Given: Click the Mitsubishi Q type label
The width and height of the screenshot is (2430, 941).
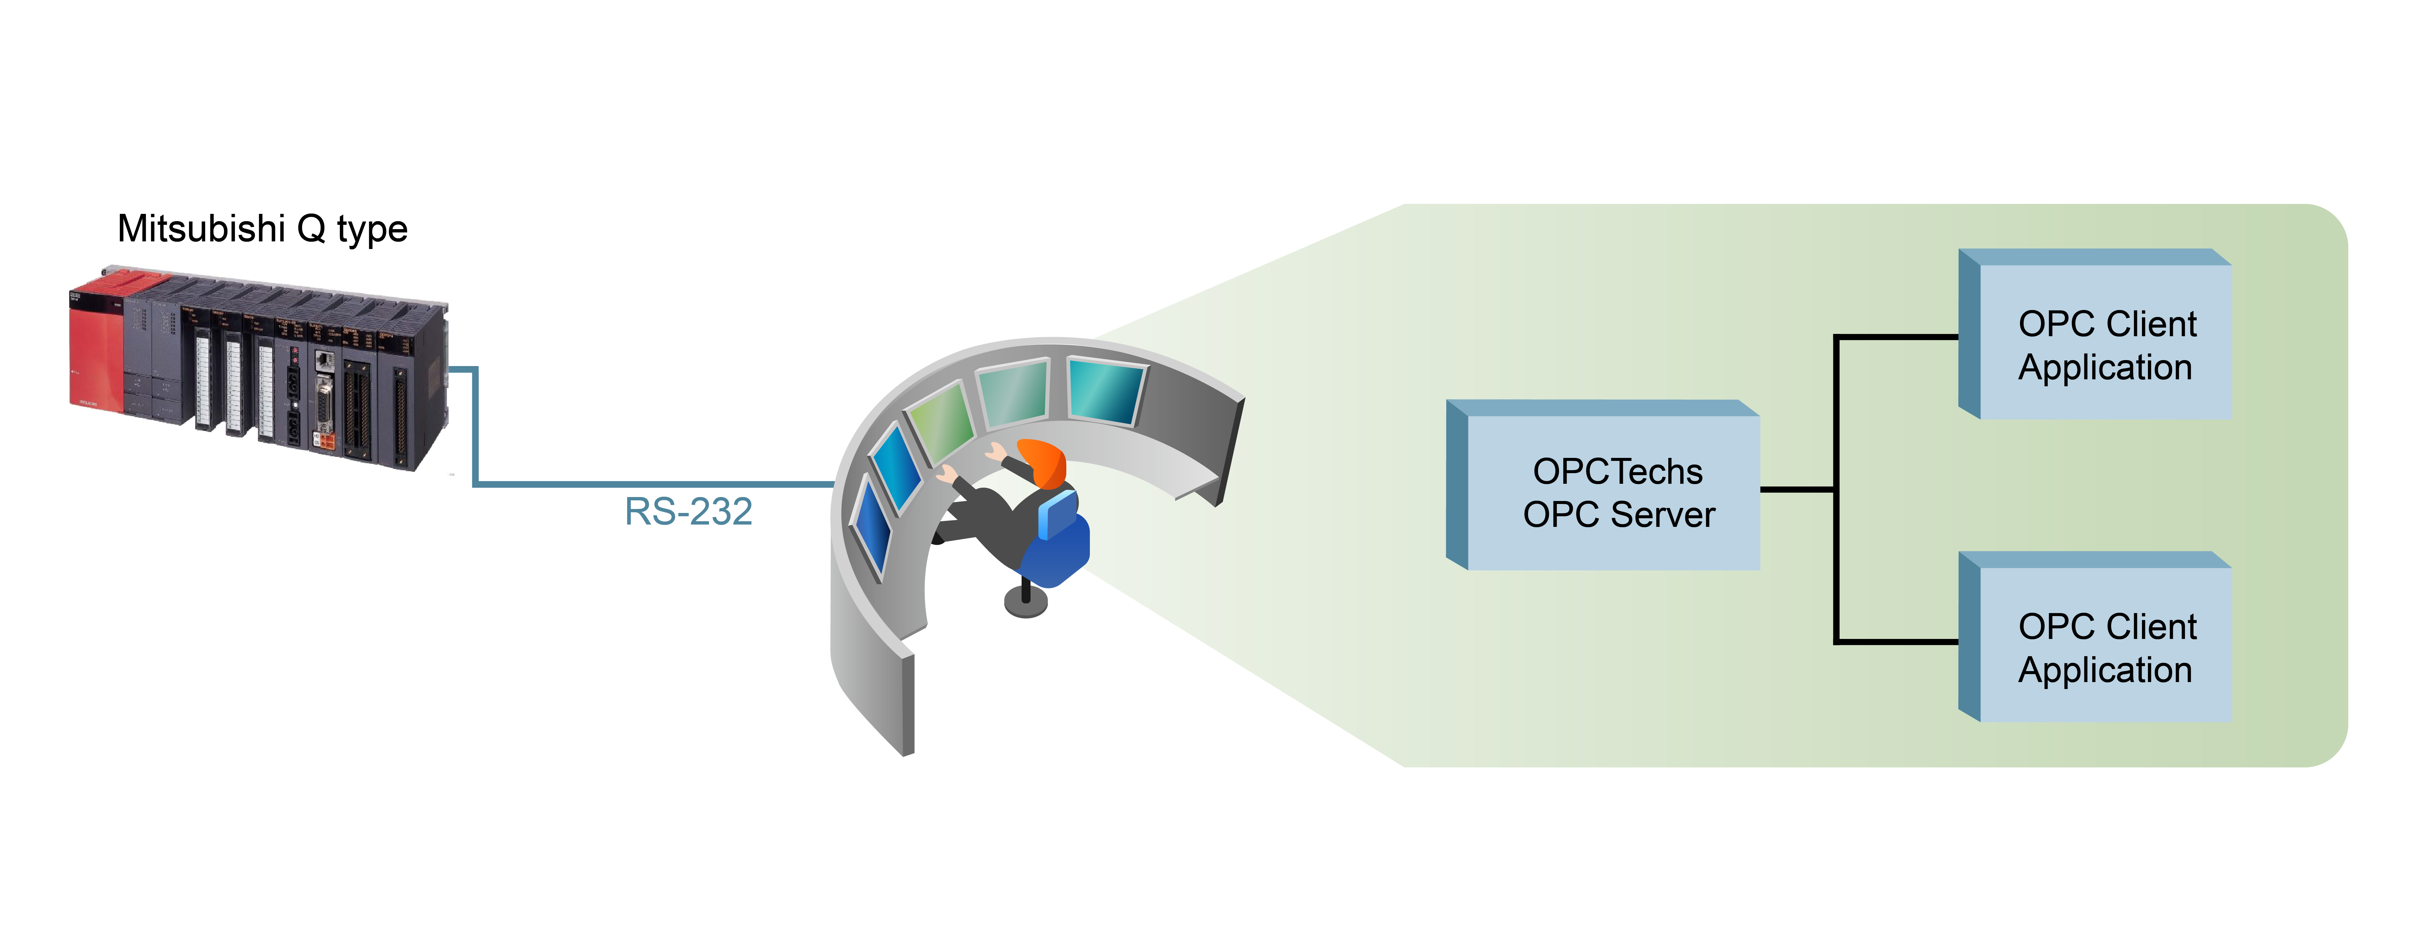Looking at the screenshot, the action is (262, 229).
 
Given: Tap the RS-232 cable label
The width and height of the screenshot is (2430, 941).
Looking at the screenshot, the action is (688, 512).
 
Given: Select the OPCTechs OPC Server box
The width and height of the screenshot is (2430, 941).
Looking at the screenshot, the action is (1604, 485).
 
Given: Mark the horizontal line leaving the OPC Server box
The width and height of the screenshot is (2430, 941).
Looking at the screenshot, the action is (1798, 489).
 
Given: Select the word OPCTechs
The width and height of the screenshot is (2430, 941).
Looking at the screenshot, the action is (1618, 471).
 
